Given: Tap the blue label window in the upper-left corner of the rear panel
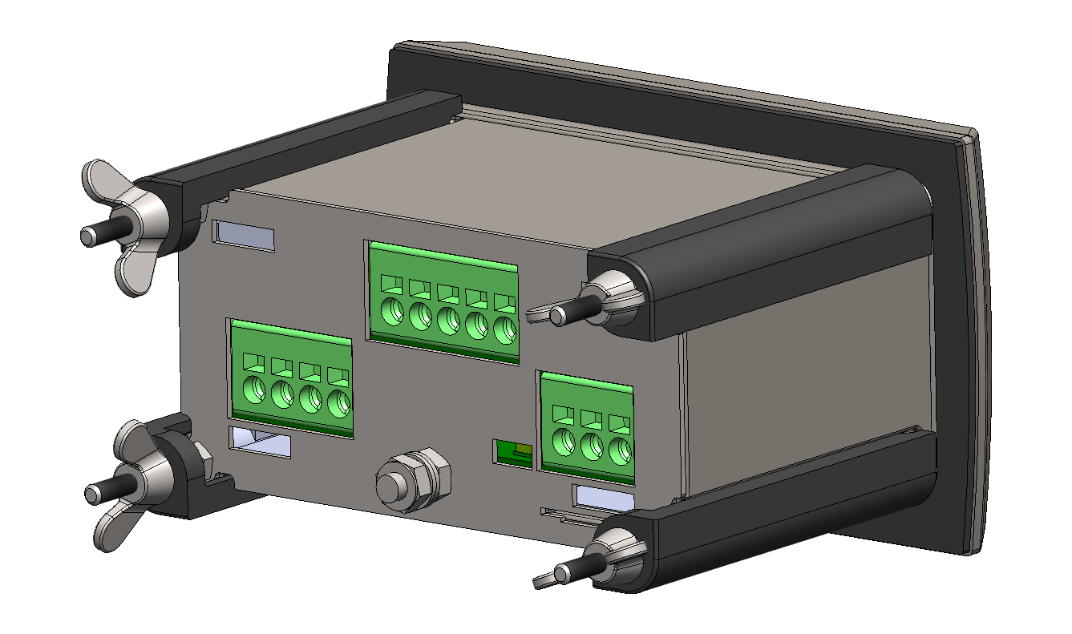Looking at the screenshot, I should (244, 236).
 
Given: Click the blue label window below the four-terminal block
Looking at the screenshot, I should (260, 442).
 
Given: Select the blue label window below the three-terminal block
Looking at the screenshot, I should (605, 497).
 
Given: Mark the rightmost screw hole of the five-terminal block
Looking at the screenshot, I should (504, 329).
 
